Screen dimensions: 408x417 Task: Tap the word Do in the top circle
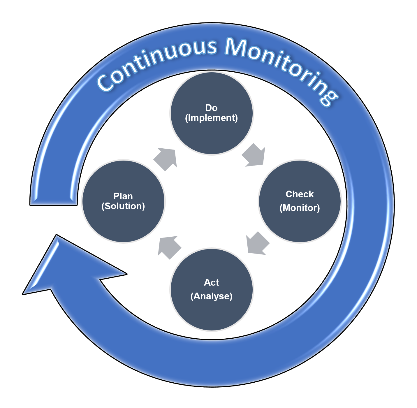coord(211,108)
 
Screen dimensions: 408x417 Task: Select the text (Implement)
coord(212,118)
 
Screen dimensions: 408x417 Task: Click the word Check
coord(300,194)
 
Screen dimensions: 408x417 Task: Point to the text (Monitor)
coord(300,208)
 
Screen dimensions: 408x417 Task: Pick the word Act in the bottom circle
coord(211,282)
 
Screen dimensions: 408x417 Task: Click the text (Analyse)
coord(211,296)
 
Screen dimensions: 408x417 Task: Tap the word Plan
coord(123,196)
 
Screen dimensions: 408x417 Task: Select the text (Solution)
coord(123,206)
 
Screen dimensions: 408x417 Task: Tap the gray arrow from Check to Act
coord(257,244)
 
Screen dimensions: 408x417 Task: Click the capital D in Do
coord(208,108)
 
